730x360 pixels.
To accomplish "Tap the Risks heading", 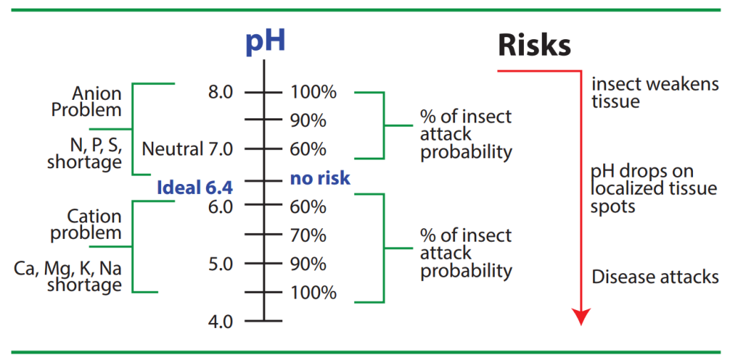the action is pos(534,45).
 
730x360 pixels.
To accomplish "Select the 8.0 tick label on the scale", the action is pos(220,92).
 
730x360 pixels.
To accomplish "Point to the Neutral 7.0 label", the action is pos(187,149).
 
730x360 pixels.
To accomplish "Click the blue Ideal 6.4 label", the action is pos(194,187).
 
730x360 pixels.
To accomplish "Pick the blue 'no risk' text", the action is pos(320,178).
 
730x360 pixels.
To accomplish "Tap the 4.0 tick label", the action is pos(220,321).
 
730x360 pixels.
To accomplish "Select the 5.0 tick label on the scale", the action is pos(220,264).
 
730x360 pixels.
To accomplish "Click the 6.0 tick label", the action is pos(220,206).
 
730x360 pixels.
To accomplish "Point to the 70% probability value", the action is pos(308,235).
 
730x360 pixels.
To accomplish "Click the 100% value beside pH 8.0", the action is pos(314,92).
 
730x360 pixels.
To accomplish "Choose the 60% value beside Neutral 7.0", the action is pos(308,150).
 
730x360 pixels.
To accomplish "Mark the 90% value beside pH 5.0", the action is pos(308,264).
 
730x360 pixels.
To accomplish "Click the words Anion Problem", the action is pos(86,102).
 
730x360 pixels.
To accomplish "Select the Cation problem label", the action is pos(86,225).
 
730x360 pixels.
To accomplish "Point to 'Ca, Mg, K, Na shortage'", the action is pos(68,277).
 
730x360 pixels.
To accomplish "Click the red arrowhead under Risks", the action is pos(581,317).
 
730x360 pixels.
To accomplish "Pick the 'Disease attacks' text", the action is pos(655,277).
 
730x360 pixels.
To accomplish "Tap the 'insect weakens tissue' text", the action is pos(655,93).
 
